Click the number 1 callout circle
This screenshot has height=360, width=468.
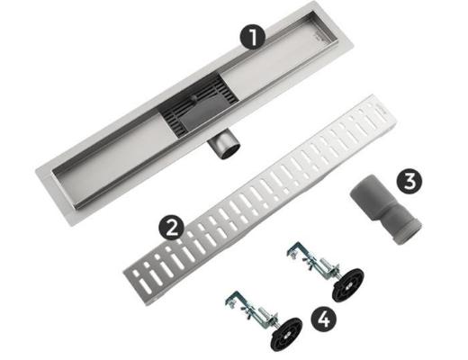click(252, 37)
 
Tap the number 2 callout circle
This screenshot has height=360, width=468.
click(171, 229)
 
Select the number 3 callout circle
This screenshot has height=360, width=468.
click(409, 181)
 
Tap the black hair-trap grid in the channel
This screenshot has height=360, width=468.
click(198, 103)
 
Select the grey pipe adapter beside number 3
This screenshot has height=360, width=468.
click(386, 209)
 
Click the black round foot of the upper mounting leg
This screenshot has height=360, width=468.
click(348, 284)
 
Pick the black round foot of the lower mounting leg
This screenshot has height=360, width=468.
click(286, 334)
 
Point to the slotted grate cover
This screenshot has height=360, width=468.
click(260, 200)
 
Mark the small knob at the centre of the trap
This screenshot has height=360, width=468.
click(194, 97)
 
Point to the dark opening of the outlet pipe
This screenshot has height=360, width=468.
click(230, 150)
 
